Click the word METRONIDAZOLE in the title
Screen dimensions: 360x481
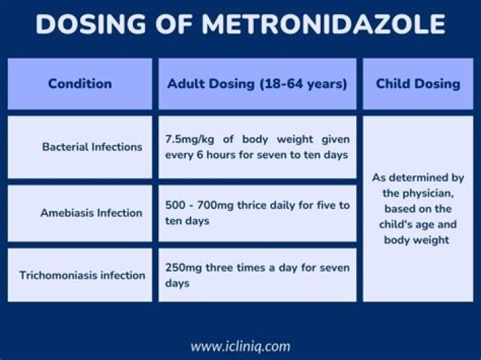[323, 25]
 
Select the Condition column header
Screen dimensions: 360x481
[79, 83]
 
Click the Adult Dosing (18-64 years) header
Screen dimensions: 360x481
[257, 83]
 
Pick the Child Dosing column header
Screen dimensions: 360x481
[418, 83]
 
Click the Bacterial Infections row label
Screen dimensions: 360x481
[92, 146]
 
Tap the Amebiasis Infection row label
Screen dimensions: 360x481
[91, 213]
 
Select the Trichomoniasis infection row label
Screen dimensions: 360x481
[82, 275]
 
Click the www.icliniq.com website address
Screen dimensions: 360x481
[240, 346]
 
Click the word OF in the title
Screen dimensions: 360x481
[178, 25]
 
